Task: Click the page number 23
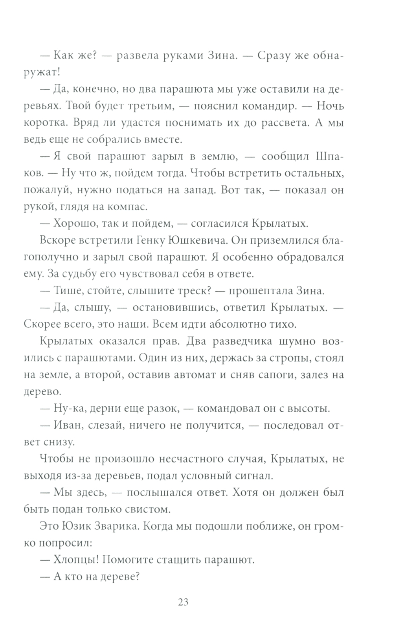(x=183, y=602)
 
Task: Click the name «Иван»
(x=67, y=425)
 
